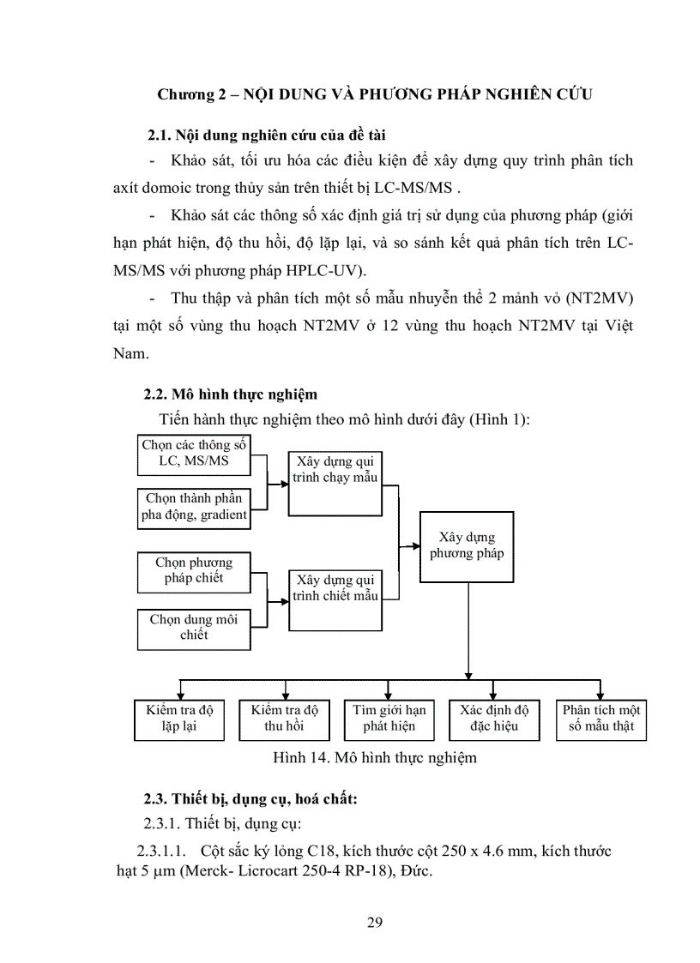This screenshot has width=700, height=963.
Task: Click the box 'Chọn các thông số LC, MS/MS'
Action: pyautogui.click(x=194, y=455)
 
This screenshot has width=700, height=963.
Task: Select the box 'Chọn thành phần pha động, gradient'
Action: pyautogui.click(x=194, y=507)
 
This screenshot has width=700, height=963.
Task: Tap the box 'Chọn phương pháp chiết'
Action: pyautogui.click(x=194, y=571)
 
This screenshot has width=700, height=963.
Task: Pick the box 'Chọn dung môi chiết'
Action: pyautogui.click(x=194, y=628)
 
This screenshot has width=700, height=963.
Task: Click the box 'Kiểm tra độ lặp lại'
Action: pyautogui.click(x=179, y=719)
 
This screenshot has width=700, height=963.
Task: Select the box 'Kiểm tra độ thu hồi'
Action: pyautogui.click(x=284, y=719)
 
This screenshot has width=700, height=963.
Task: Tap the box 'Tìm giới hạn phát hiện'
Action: pyautogui.click(x=389, y=719)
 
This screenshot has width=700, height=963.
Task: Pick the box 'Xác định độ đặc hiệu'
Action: pyautogui.click(x=494, y=719)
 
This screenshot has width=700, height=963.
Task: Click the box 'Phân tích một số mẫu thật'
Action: pyautogui.click(x=600, y=719)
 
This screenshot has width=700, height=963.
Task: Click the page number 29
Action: pyautogui.click(x=374, y=923)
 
